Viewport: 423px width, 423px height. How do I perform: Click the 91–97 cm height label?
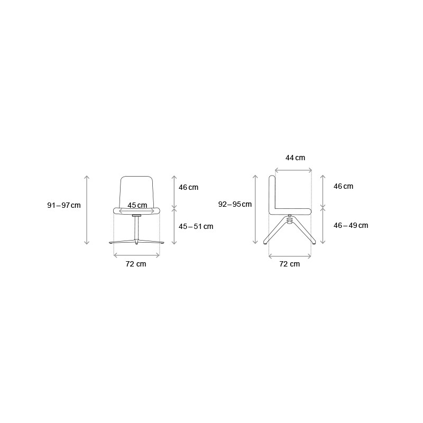pos(64,205)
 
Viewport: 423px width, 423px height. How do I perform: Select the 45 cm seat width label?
pos(137,205)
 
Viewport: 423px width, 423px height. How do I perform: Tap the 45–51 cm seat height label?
pos(196,227)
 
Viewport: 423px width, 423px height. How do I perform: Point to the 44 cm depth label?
pos(296,158)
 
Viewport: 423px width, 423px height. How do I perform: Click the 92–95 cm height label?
pos(235,204)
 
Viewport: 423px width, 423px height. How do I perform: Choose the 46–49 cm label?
pos(351,226)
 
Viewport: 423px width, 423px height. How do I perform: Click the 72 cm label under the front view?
pos(136,264)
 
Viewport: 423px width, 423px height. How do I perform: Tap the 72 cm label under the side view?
pos(290,264)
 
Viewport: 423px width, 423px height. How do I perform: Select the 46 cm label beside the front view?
pos(189,188)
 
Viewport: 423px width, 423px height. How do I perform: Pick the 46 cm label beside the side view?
pos(343,187)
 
